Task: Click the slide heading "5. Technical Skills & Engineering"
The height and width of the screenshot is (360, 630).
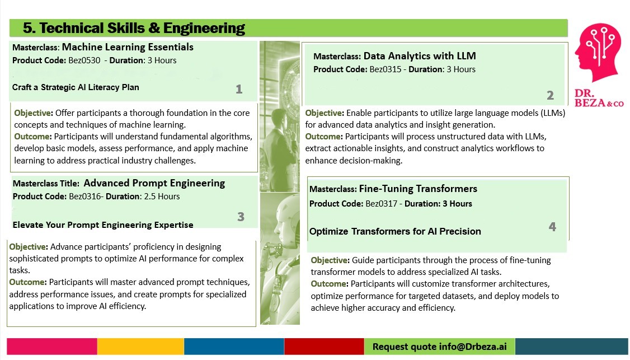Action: tap(134, 28)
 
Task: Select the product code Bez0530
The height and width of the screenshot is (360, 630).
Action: tap(84, 60)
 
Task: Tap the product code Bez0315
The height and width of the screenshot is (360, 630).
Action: tap(385, 69)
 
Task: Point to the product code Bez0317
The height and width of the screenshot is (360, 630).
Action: tap(381, 204)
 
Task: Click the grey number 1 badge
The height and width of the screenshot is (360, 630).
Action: tap(239, 89)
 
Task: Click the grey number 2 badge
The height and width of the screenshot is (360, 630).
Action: tap(550, 95)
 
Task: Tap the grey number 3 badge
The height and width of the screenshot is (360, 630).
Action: tap(241, 217)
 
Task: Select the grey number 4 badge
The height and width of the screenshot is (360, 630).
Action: tap(552, 227)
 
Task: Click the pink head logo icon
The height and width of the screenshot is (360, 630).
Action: tap(598, 52)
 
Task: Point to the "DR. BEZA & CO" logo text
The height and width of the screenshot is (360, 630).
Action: tap(599, 98)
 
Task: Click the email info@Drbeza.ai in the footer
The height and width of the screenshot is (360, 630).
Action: tap(472, 347)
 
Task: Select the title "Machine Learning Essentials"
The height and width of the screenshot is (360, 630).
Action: tap(128, 47)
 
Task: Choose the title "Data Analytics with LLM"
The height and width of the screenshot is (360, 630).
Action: tap(420, 56)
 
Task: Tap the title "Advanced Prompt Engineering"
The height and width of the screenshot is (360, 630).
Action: tap(154, 184)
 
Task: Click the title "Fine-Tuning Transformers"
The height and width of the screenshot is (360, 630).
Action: tap(418, 189)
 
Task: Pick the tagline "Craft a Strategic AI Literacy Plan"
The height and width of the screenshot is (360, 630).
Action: tap(76, 87)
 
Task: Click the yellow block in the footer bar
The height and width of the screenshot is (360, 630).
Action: tap(140, 347)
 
